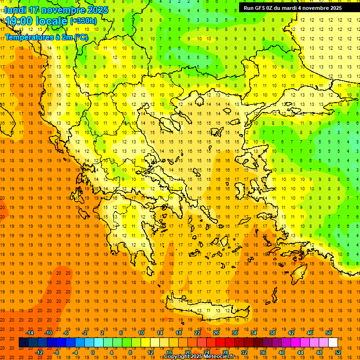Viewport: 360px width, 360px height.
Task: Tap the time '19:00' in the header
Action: point(21,21)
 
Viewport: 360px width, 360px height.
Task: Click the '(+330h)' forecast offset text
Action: point(83,21)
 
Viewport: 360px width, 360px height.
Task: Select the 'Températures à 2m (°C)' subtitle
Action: point(46,37)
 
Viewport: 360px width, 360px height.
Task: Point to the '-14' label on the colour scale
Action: point(30,333)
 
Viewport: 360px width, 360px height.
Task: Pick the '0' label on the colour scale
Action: point(93,352)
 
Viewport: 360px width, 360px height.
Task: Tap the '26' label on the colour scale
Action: point(216,333)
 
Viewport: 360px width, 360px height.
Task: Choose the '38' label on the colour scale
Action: point(272,333)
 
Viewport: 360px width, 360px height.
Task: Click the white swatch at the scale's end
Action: point(333,343)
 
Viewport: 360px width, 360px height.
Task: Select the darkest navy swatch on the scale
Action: point(23,343)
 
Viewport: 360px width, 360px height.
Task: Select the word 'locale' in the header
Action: point(52,21)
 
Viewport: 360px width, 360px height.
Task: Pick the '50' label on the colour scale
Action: point(328,333)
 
